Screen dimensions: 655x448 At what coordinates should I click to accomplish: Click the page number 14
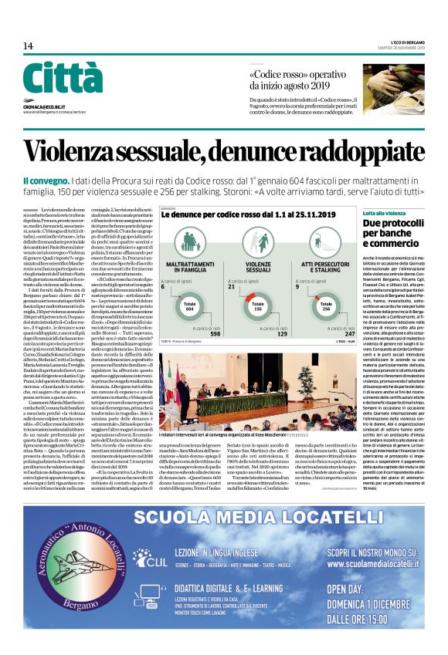point(28,46)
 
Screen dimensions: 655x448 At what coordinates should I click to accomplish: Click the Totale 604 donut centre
point(189,306)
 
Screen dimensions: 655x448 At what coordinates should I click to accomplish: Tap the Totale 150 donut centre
point(259,306)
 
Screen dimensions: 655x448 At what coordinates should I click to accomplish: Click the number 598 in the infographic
point(214,333)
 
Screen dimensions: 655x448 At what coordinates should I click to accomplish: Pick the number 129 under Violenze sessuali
point(282,333)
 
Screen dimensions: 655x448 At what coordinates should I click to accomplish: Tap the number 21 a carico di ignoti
point(232,286)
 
